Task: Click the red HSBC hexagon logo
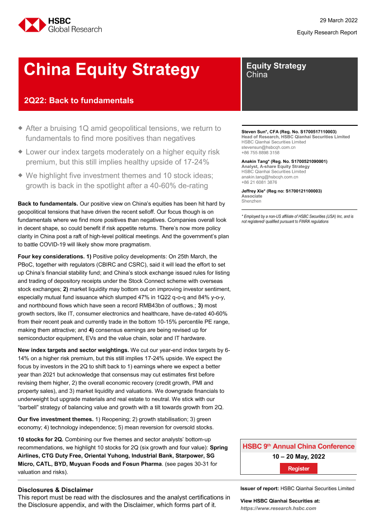[31, 25]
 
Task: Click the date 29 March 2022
[335, 20]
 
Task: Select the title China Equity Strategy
[111, 70]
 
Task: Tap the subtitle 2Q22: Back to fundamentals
[79, 100]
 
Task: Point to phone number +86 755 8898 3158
[260, 153]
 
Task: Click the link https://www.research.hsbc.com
[278, 508]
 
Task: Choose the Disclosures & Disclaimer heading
[56, 490]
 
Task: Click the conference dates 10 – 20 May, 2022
[298, 457]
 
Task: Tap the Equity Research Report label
[327, 33]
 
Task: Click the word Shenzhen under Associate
[251, 201]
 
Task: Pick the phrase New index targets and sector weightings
[72, 350]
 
